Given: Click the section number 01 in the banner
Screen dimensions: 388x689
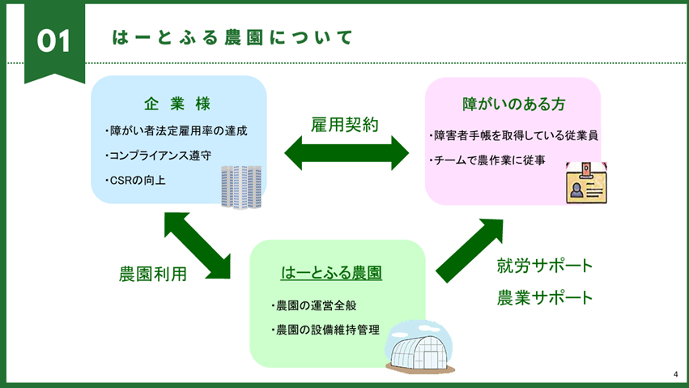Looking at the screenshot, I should [54, 41].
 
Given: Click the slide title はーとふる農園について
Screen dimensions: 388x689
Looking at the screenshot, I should [232, 37].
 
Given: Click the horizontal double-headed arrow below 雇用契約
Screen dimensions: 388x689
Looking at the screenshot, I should [346, 153].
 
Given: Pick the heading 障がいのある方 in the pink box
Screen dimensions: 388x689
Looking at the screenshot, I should [513, 104].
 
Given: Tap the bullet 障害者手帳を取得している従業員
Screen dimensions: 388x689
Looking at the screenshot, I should [512, 135].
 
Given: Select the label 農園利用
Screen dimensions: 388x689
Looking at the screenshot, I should [152, 274].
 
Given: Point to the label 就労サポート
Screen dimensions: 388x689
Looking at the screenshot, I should [545, 266].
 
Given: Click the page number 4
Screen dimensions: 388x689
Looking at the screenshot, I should [674, 374].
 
